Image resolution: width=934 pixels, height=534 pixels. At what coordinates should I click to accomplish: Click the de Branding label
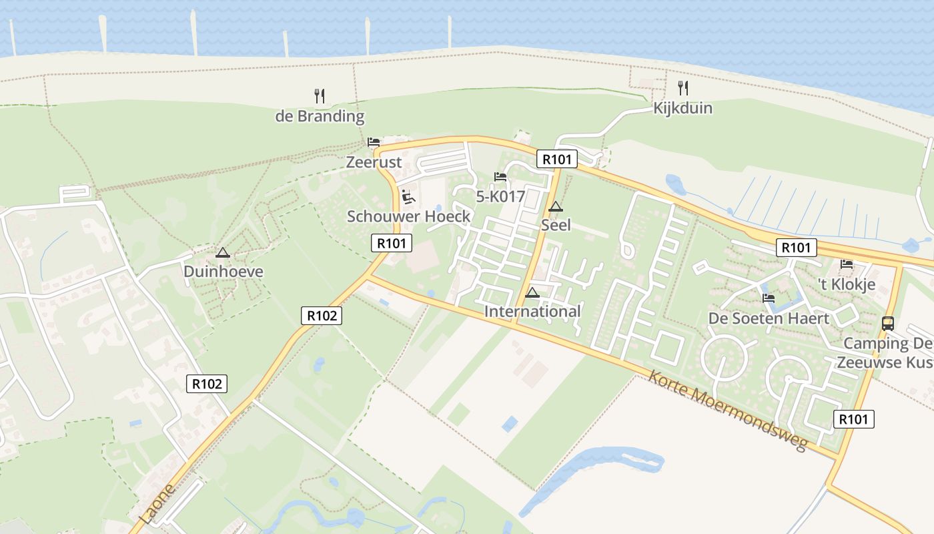coord(320,116)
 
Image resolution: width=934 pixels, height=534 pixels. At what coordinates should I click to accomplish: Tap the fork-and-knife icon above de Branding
coord(320,96)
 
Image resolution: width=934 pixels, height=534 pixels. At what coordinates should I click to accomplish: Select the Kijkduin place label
coord(682,108)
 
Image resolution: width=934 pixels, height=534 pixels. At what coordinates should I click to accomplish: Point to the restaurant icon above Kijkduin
coord(682,87)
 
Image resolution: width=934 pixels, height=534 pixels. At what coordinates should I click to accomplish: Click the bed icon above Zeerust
coord(374,142)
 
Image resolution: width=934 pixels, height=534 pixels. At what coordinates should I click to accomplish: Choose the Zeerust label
coord(374,162)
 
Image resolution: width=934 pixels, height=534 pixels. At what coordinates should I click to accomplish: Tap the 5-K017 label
coord(500,196)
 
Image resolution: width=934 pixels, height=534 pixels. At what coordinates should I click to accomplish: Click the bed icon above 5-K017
coord(500,177)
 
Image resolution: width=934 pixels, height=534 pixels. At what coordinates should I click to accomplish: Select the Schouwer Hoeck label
coord(408,216)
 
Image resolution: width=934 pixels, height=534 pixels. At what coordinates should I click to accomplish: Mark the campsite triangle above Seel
coord(556,206)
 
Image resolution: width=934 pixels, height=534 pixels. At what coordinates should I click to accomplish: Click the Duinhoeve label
coord(223,272)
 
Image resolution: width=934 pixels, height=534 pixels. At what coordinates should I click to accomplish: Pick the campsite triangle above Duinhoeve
coord(223,253)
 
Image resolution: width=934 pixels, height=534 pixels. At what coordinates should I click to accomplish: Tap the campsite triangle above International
coord(532,292)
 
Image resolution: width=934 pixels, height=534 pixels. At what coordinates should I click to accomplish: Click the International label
coord(532,312)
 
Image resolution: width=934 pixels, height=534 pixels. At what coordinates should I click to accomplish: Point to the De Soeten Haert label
coord(769,318)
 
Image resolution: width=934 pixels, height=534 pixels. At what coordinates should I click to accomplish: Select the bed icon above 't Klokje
coord(847,264)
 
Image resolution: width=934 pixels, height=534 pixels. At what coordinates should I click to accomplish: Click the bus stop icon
coord(888,324)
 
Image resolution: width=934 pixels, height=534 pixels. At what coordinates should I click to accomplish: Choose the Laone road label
coord(158,504)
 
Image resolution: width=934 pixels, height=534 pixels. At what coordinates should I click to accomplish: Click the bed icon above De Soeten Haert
coord(769,298)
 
